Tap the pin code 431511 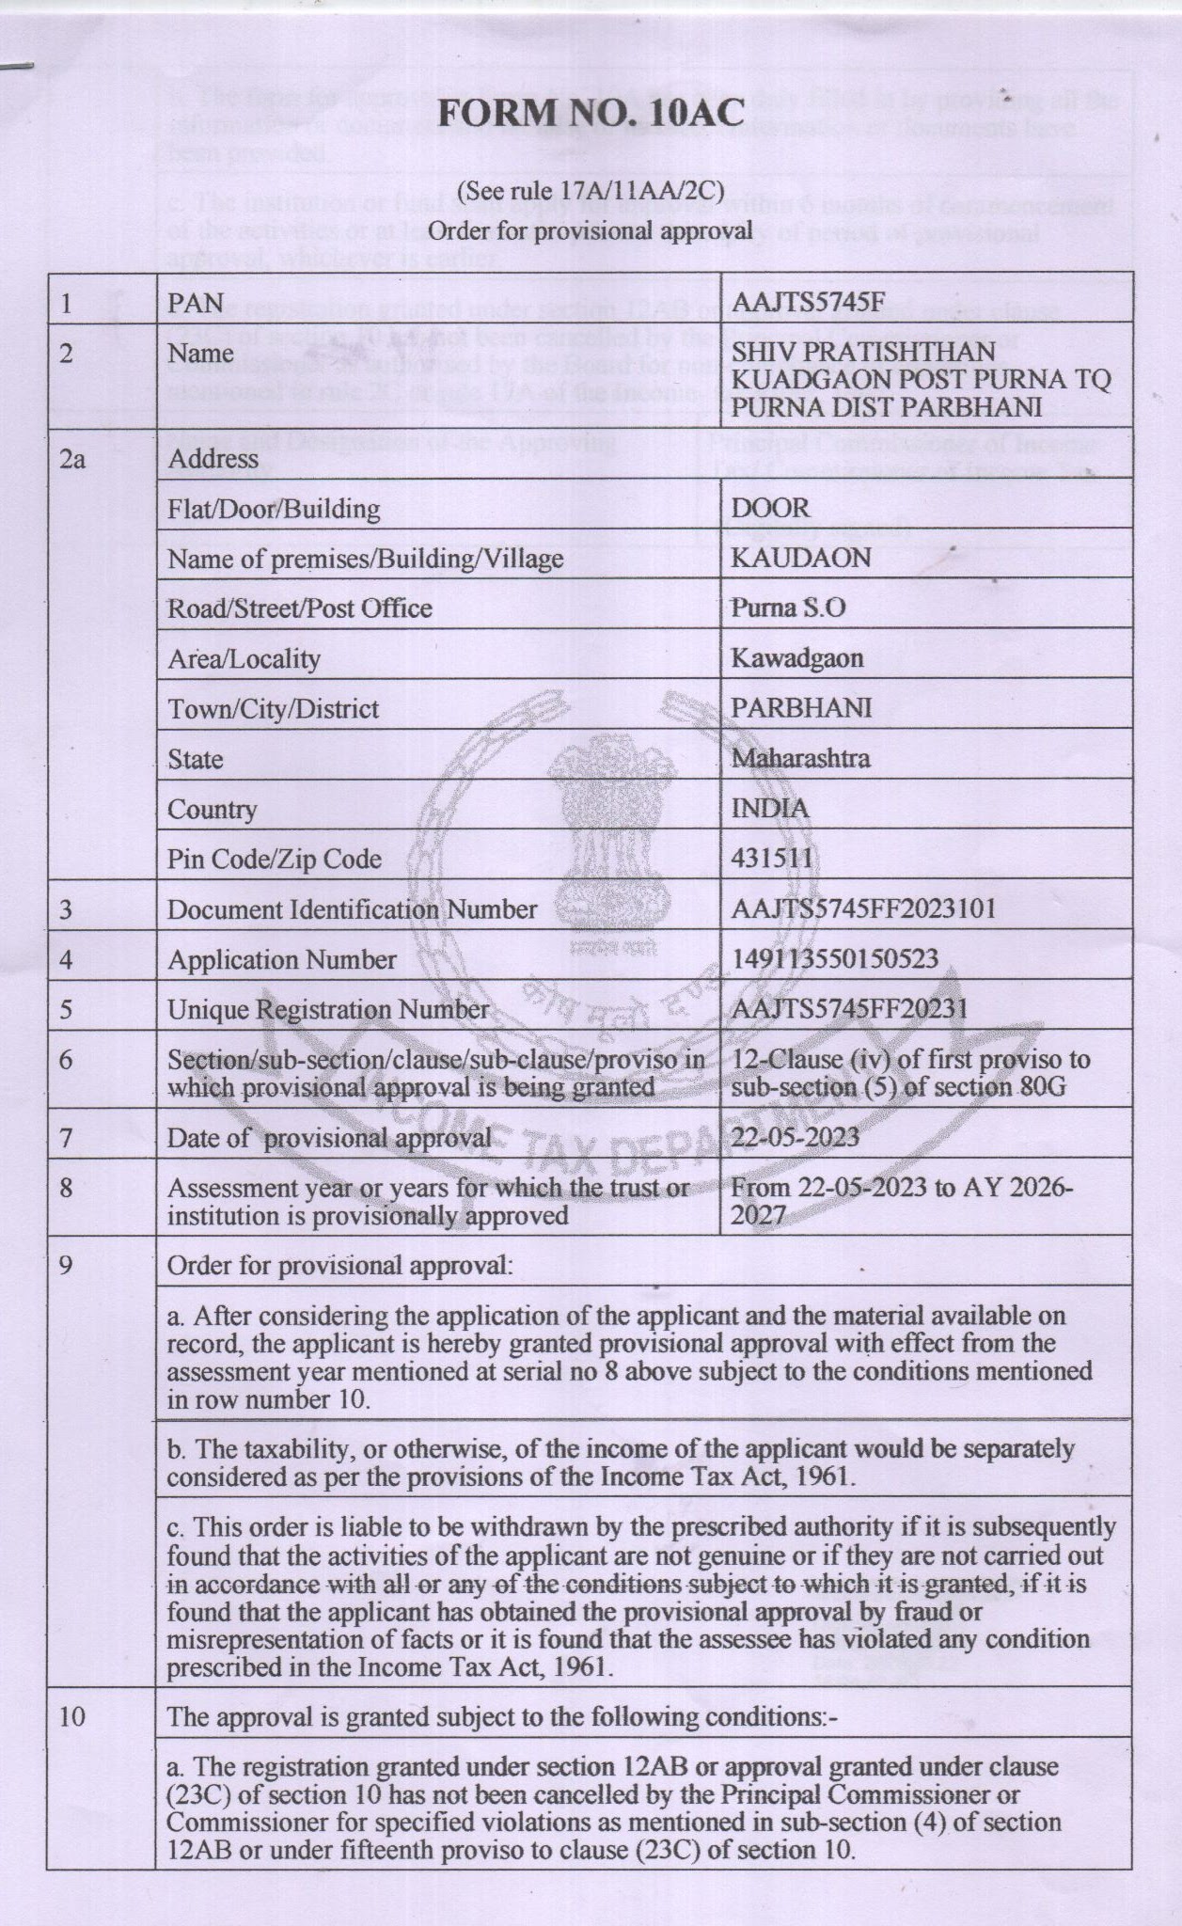coord(771,859)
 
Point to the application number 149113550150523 coord(835,959)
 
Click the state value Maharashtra coord(800,758)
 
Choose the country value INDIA coord(770,809)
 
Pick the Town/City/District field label coord(273,709)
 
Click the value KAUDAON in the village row coord(801,558)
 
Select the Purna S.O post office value coord(788,608)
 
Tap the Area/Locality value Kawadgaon coord(797,658)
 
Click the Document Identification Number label coord(352,909)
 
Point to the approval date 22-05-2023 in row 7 coord(796,1137)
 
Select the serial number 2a coord(71,460)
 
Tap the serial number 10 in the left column coord(71,1717)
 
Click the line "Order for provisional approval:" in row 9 coord(340,1265)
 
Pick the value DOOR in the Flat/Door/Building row coord(770,508)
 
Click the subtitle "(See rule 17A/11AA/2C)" coord(591,192)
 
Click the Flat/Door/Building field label coord(274,510)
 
